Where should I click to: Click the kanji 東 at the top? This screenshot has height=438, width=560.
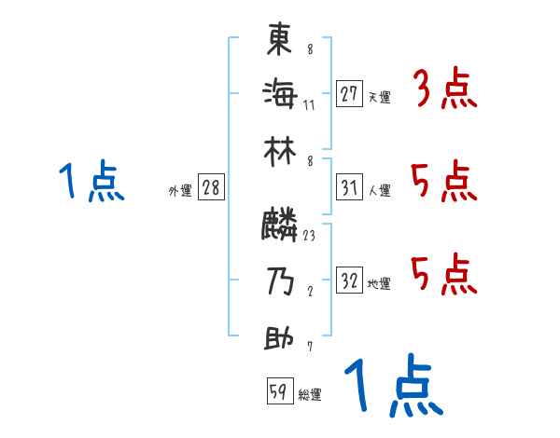280,40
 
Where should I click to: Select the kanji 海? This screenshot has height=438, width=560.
280,93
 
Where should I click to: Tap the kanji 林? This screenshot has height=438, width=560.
280,150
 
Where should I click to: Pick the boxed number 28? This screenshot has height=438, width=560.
211,188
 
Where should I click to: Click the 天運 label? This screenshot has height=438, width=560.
379,97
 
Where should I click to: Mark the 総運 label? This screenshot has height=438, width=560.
310,395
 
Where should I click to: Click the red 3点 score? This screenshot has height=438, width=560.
445,91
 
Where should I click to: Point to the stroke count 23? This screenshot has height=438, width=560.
310,236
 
